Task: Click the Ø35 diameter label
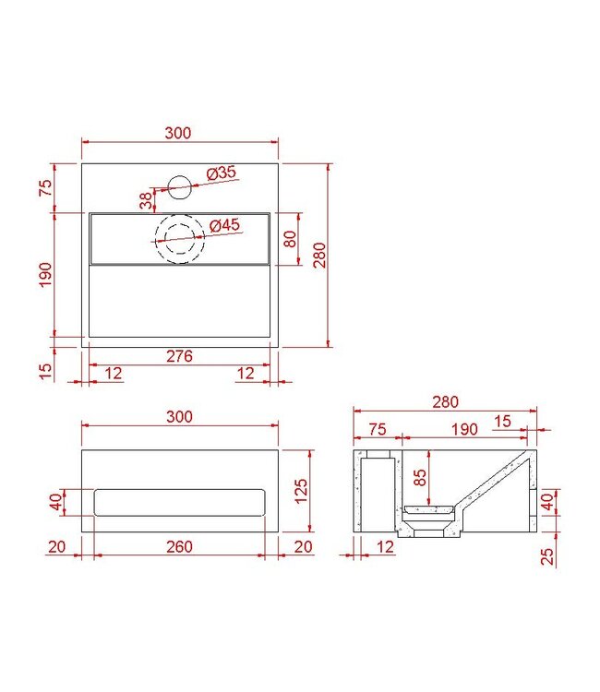(x=222, y=173)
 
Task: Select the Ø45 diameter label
(x=224, y=225)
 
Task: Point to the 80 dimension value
(x=290, y=239)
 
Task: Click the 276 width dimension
(x=180, y=357)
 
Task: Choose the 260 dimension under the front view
(x=180, y=547)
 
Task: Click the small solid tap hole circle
(x=180, y=188)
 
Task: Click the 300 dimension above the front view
(x=179, y=416)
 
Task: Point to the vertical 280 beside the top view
(x=319, y=255)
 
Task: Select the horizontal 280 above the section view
(x=444, y=402)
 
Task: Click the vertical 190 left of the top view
(x=47, y=274)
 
